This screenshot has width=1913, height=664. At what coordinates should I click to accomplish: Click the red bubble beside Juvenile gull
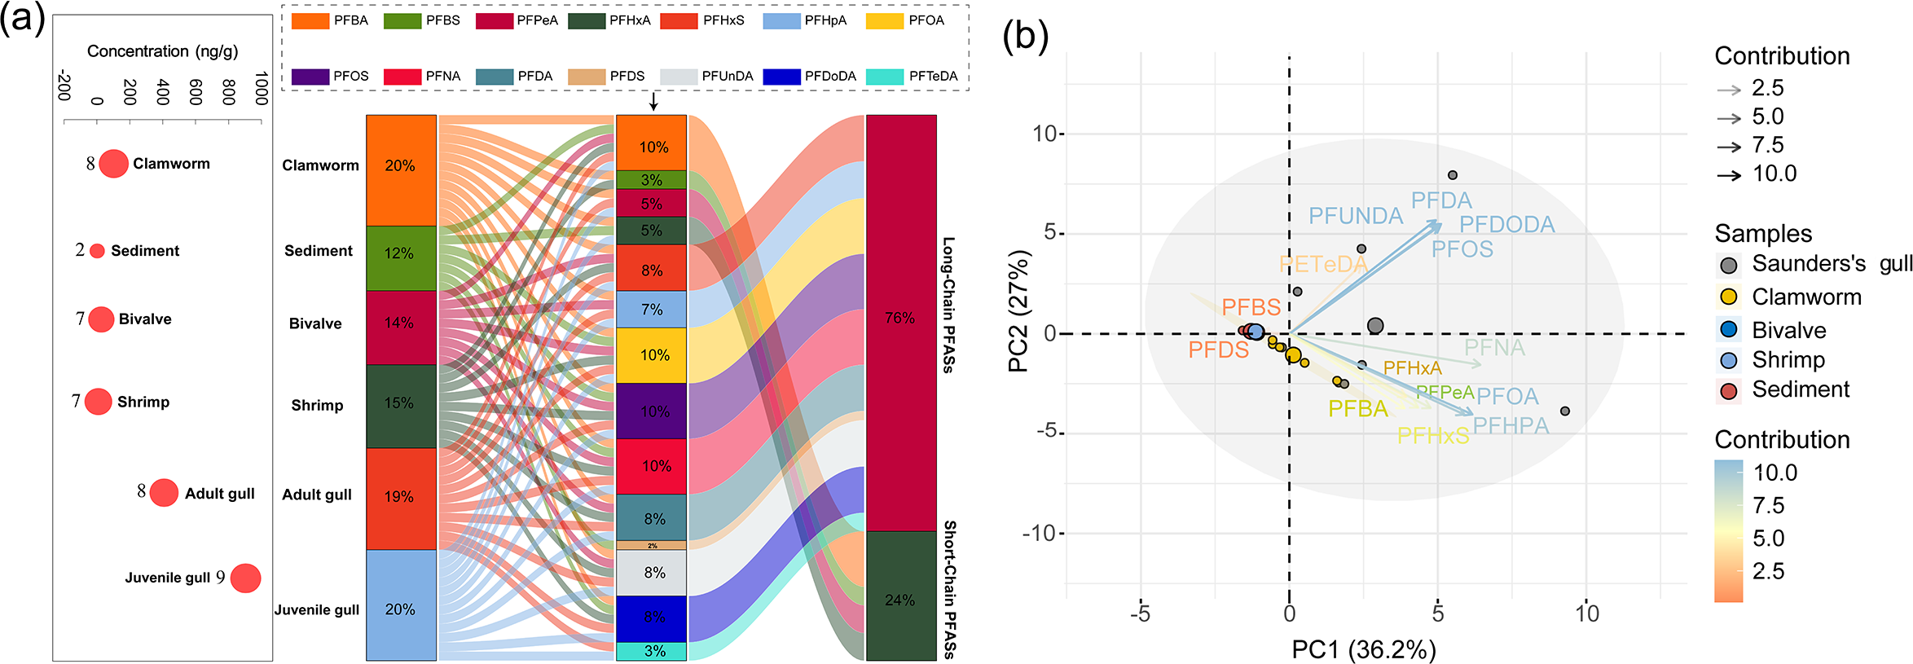click(x=245, y=578)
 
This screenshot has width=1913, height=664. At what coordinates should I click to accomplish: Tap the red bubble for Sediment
click(x=97, y=251)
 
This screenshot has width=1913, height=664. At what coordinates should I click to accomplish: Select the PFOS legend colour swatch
click(x=310, y=77)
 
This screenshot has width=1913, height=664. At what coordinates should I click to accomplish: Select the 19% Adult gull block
click(x=401, y=498)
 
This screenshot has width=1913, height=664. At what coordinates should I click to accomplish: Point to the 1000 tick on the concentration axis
click(x=261, y=88)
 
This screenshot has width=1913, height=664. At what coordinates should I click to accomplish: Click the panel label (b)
click(x=1025, y=36)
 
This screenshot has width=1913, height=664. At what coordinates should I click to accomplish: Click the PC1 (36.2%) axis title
click(x=1363, y=649)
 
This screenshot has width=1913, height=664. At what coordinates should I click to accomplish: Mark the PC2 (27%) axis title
click(x=1019, y=311)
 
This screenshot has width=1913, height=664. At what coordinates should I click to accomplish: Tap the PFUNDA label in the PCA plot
click(x=1355, y=216)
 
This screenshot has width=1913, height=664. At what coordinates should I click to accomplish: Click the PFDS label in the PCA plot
click(x=1218, y=350)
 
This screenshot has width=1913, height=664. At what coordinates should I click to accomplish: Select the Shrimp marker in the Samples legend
click(x=1728, y=361)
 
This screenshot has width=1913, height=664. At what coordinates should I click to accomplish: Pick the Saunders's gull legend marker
click(x=1728, y=265)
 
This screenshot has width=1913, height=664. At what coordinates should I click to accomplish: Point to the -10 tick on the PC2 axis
click(x=1042, y=534)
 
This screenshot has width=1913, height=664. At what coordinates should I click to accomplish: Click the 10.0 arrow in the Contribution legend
click(x=1728, y=175)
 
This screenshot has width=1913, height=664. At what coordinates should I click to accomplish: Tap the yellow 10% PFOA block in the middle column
click(x=651, y=355)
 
